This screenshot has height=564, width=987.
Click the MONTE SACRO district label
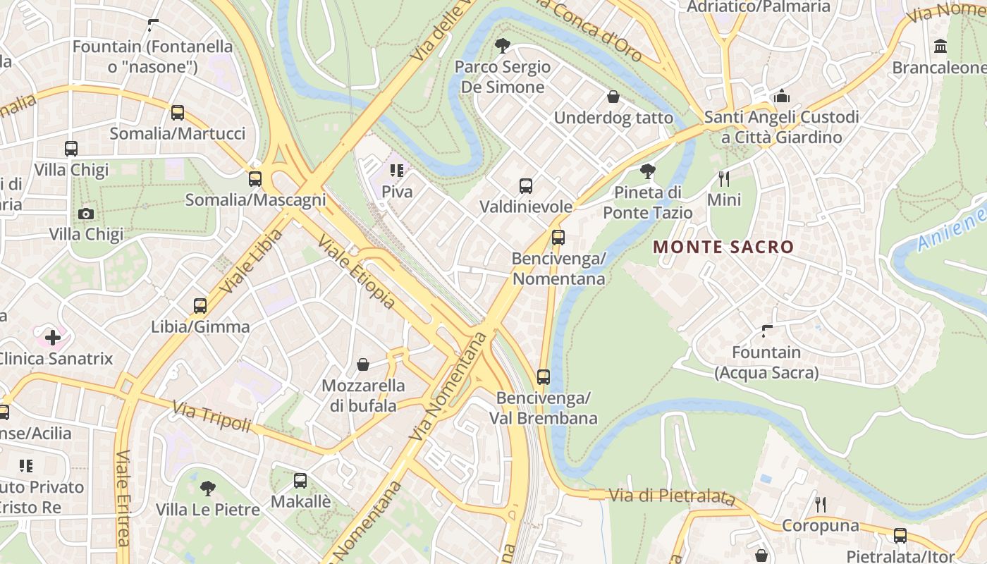pos(723,247)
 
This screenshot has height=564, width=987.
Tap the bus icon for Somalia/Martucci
pos(178,112)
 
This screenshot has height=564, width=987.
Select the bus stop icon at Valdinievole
pos(526,186)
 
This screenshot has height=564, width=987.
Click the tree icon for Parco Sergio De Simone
pos(503,47)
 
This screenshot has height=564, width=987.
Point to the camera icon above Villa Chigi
pos(86,214)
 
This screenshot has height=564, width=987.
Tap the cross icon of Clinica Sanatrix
pos(53,338)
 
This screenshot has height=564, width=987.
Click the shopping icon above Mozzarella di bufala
pos(363,364)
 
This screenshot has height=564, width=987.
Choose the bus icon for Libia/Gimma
pos(200,306)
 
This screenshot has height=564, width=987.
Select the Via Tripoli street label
pos(211,417)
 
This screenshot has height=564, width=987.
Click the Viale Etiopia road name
pos(356,271)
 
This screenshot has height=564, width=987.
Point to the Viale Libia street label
pos(250,261)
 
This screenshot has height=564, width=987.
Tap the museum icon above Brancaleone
pos(940,47)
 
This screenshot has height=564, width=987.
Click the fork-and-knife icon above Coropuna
pos(820,504)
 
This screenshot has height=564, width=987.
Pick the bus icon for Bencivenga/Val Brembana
pos(543,377)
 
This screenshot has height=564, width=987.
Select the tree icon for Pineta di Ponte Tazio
pos(647,171)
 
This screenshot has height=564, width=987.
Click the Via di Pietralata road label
pos(671,496)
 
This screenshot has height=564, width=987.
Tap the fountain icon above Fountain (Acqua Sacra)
pos(768,331)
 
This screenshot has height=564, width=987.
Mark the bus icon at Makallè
pos(300,481)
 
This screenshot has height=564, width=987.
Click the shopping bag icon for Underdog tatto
pos(613,97)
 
